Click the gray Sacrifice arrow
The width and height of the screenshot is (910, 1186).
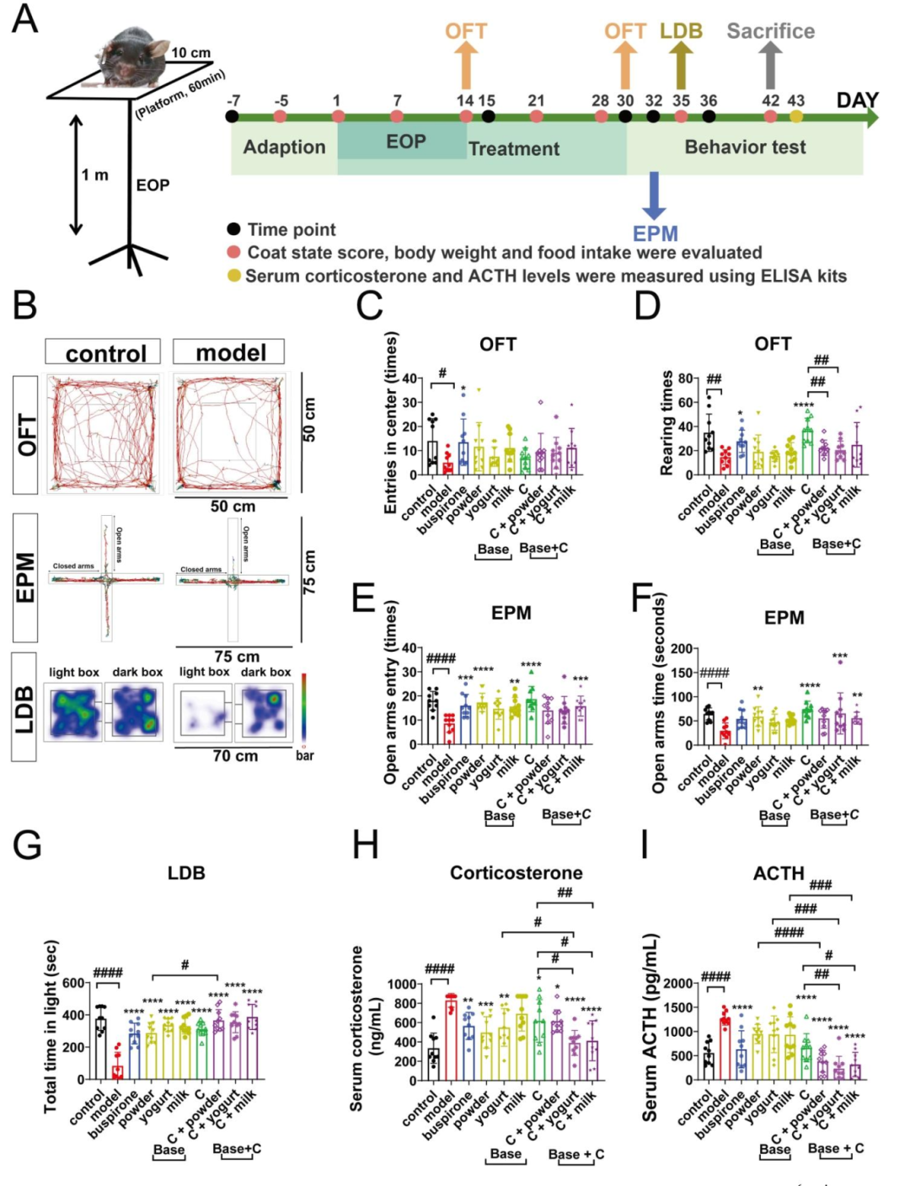(770, 64)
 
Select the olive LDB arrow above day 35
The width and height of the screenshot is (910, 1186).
(681, 64)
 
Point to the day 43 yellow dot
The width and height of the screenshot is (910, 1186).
(796, 116)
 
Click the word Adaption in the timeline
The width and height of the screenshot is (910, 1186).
(284, 148)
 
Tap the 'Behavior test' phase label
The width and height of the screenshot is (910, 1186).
(745, 148)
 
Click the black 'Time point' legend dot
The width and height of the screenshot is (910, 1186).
(234, 229)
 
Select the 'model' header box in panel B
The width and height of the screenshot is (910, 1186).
(229, 352)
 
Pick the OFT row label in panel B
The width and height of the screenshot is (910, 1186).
(26, 434)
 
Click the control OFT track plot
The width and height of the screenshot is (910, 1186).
(104, 433)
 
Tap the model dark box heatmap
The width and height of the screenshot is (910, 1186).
(264, 712)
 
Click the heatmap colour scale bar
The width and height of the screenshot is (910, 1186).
(303, 708)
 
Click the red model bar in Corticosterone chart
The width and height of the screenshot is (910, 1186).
(452, 1038)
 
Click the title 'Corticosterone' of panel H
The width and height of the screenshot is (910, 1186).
(516, 872)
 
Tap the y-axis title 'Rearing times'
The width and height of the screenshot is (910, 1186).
(666, 423)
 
